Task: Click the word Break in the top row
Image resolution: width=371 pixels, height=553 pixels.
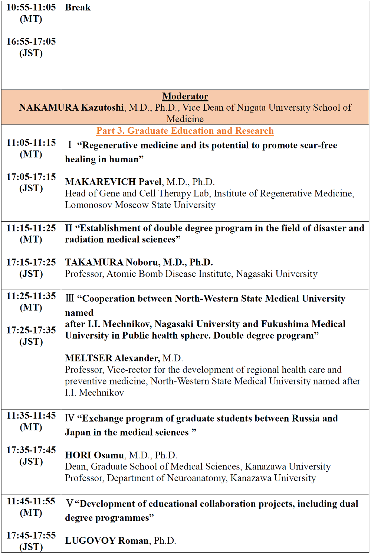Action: [x=78, y=7]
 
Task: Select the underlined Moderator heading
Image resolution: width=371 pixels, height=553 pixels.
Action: [x=185, y=96]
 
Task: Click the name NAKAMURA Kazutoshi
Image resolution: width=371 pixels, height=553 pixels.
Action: [x=72, y=107]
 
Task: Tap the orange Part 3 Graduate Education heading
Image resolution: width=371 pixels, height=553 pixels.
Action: [x=185, y=131]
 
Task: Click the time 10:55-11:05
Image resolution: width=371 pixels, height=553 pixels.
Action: [x=31, y=7]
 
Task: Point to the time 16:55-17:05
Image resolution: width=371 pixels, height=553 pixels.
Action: [x=31, y=42]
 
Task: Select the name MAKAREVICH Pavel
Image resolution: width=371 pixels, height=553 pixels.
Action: [x=113, y=182]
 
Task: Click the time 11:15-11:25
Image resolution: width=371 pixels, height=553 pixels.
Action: [x=31, y=228]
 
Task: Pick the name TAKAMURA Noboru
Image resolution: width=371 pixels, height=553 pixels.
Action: [x=112, y=262]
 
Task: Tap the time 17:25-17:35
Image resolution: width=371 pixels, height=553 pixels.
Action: [x=31, y=330]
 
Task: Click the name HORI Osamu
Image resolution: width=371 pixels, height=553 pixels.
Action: [x=95, y=455]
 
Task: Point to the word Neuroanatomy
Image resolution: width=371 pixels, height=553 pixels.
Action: [x=196, y=478]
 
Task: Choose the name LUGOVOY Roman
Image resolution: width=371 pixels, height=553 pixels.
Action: [x=107, y=540]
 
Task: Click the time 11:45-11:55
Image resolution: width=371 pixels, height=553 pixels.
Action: [x=31, y=501]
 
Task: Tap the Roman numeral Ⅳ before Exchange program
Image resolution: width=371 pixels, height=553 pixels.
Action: [x=70, y=418]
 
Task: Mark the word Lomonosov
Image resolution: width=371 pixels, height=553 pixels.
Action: [x=88, y=205]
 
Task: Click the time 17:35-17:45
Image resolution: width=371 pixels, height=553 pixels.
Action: [x=31, y=450]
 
